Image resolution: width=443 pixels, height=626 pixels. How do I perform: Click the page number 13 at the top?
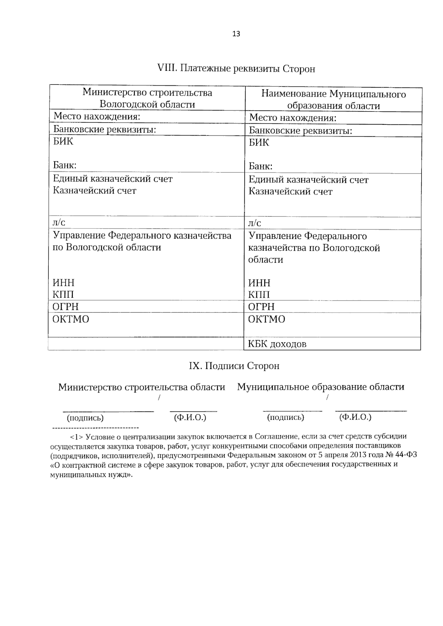(x=236, y=34)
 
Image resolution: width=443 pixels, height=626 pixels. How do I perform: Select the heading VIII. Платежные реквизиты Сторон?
(x=236, y=69)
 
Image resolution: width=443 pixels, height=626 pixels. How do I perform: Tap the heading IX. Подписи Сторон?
(x=234, y=366)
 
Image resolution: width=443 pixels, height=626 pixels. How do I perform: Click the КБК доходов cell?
(x=277, y=344)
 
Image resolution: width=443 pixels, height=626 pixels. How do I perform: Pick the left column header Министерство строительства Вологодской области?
(x=147, y=98)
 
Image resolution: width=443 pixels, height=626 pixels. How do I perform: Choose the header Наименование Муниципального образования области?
(x=333, y=100)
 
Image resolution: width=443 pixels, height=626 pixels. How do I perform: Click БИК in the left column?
(x=63, y=141)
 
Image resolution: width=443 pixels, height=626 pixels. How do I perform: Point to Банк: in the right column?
(x=260, y=166)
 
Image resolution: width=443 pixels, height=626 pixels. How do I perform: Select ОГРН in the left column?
(x=65, y=307)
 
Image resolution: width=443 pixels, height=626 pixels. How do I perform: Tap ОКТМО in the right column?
(x=267, y=319)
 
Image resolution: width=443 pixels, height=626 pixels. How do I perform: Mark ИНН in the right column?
(x=259, y=283)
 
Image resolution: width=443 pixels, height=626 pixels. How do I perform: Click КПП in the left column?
(x=63, y=294)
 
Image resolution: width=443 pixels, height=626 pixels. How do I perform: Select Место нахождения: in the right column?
(x=293, y=118)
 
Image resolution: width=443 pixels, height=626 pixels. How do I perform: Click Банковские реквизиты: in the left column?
(x=104, y=129)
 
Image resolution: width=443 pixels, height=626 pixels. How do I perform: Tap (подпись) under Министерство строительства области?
(x=85, y=418)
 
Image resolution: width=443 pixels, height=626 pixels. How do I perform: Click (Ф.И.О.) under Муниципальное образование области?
(x=355, y=417)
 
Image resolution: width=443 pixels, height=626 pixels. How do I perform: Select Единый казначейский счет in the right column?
(x=308, y=180)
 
